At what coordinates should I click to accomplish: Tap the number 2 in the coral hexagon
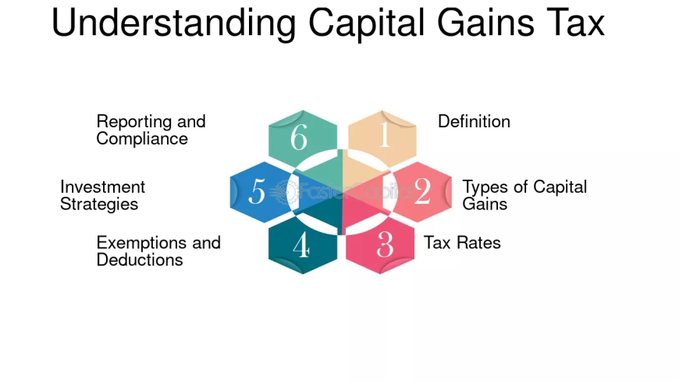(422, 191)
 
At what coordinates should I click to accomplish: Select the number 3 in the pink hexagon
(385, 245)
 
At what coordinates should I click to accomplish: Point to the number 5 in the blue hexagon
(257, 191)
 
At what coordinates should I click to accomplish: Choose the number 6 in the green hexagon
(299, 137)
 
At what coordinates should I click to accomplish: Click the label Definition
(474, 122)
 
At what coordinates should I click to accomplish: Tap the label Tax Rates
(462, 242)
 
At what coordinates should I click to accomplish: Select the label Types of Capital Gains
(524, 195)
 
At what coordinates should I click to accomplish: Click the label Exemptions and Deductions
(158, 251)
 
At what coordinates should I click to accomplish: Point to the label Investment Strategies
(102, 195)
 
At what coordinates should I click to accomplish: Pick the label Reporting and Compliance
(151, 130)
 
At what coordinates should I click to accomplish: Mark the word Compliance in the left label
(142, 139)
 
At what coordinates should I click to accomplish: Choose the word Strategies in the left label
(99, 204)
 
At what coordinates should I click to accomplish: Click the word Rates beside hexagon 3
(476, 242)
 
